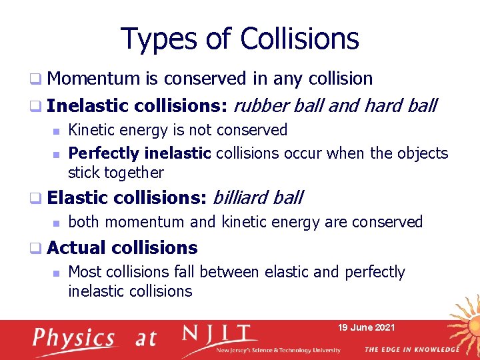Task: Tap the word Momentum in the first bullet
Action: [93, 79]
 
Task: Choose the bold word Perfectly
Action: [104, 153]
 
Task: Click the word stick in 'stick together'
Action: [83, 173]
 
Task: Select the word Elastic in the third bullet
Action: [77, 197]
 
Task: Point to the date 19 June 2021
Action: [366, 327]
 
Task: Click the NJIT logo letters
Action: [219, 333]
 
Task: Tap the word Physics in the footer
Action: [74, 338]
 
